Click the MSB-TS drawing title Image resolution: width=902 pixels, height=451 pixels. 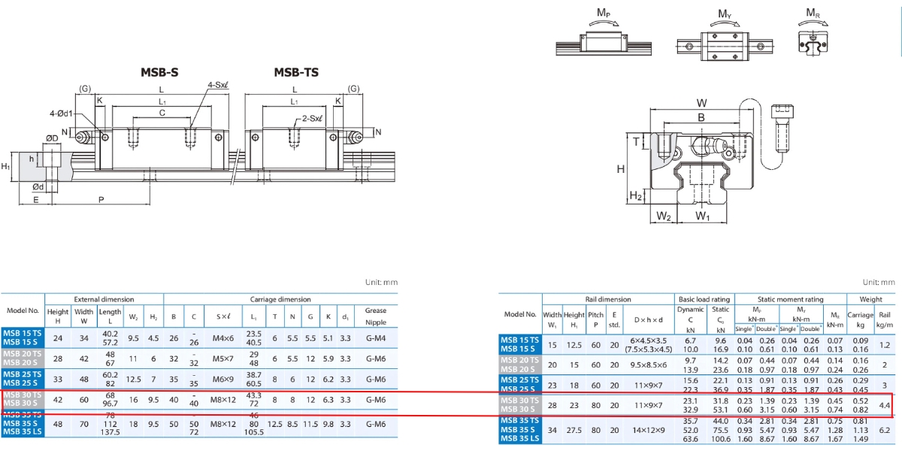295,72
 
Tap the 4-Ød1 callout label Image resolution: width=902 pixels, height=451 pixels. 61,113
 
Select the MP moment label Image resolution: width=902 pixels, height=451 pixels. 603,13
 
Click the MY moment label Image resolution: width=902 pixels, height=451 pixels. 725,14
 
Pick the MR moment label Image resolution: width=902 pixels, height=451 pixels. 813,13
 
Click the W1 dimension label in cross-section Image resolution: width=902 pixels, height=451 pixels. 702,217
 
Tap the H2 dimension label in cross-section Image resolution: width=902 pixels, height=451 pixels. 635,196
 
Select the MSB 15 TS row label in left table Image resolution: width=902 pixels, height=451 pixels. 23,331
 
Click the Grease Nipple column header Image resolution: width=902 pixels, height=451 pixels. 375,316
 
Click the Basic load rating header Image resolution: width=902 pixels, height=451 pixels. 704,299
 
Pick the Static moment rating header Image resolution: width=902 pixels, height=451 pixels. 791,299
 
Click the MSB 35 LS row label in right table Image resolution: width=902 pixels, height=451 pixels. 519,439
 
